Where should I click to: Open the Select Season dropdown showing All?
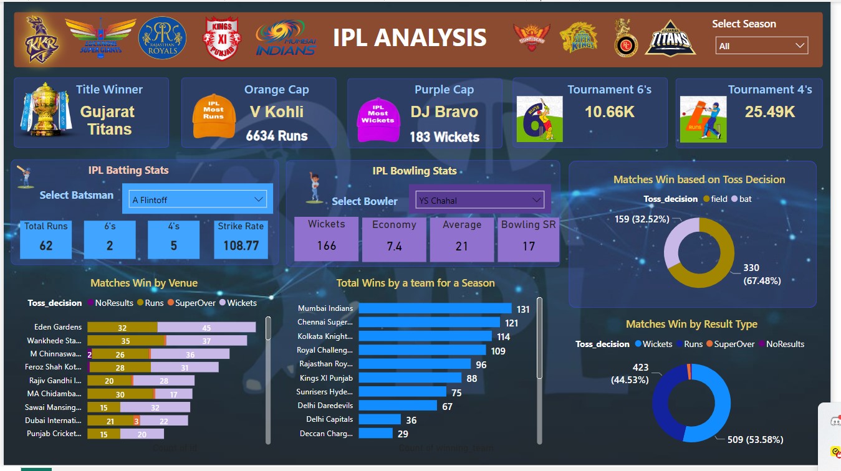pyautogui.click(x=762, y=45)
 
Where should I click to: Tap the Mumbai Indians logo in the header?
pyautogui.click(x=286, y=39)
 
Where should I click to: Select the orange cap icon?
pyautogui.click(x=213, y=115)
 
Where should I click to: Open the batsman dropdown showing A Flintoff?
pyautogui.click(x=198, y=199)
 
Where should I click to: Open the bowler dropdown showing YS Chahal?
pyautogui.click(x=479, y=200)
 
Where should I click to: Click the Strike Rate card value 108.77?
pyautogui.click(x=241, y=245)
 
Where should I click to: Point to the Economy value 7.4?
pyautogui.click(x=394, y=246)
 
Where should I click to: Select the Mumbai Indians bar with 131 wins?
pyautogui.click(x=435, y=308)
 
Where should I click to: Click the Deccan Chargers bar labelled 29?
pyautogui.click(x=375, y=433)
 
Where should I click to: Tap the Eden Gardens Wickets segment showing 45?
pyautogui.click(x=206, y=328)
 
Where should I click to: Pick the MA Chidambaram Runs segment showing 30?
pyautogui.click(x=120, y=394)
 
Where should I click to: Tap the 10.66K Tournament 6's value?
pyautogui.click(x=609, y=112)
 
